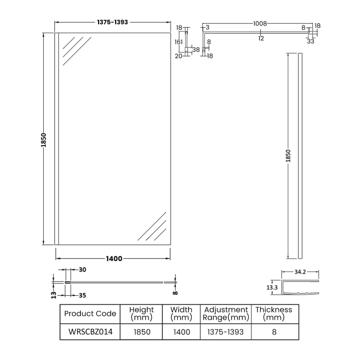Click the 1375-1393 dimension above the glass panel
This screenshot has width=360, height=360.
tap(112, 23)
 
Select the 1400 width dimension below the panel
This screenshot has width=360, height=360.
tap(113, 259)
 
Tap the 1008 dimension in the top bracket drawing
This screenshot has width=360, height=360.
tap(260, 24)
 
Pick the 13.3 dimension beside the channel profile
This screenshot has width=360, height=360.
tap(271, 287)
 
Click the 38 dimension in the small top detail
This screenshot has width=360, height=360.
tap(196, 49)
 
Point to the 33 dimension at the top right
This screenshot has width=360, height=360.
tap(311, 40)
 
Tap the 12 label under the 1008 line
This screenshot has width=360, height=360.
tap(260, 38)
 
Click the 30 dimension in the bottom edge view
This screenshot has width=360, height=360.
tap(83, 270)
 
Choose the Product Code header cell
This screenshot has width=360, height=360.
tap(90, 313)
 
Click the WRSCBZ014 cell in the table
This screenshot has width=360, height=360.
tap(90, 332)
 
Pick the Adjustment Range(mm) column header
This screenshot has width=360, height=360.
tap(225, 313)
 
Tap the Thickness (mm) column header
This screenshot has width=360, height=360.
tap(274, 313)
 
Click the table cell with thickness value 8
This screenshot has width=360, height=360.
tap(274, 332)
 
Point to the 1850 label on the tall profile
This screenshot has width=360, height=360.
tap(288, 156)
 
